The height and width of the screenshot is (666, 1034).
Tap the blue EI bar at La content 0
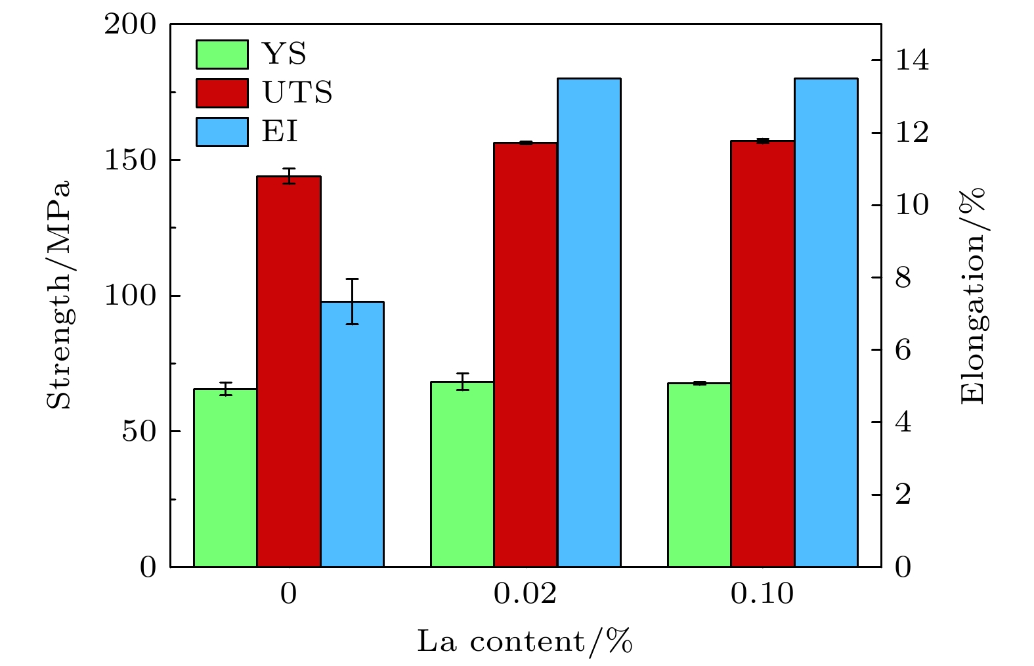353,433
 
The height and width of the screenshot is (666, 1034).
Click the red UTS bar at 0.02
525,355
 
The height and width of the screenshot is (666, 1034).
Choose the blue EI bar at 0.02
589,322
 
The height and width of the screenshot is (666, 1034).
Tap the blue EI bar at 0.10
826,322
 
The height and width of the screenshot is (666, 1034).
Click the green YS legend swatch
222,55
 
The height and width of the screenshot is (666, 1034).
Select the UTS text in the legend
297,93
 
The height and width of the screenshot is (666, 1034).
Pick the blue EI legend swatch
222,131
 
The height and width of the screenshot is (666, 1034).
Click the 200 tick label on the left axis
131,25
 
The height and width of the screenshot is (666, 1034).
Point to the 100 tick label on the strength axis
131,296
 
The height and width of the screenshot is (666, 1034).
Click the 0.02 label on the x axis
525,594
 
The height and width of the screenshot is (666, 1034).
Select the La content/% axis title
525,642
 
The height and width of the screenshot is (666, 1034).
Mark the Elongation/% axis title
973,296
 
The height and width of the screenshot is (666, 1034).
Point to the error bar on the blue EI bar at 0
353,301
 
